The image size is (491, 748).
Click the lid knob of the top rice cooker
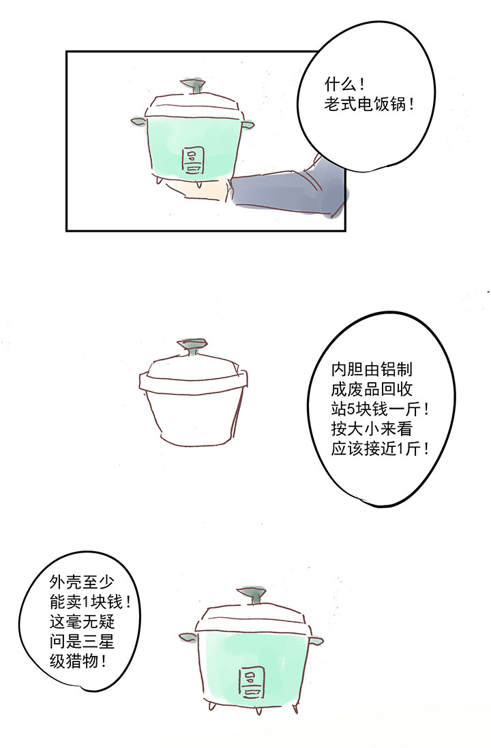click(192, 86)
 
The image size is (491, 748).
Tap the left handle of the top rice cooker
click(138, 122)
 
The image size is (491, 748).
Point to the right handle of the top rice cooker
click(248, 125)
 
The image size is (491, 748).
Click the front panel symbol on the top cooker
click(193, 161)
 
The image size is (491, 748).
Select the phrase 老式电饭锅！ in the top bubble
click(369, 104)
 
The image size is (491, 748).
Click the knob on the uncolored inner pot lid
click(192, 347)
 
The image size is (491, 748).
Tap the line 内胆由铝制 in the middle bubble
click(371, 369)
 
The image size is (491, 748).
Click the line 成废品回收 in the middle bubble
click(371, 389)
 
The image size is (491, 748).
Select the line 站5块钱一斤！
click(380, 409)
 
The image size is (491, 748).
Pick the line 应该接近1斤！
click(380, 449)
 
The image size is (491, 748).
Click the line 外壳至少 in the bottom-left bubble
click(82, 582)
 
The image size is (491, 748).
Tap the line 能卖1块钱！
click(90, 602)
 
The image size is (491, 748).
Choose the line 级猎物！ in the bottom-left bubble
click(78, 661)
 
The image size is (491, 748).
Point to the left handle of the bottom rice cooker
click(188, 638)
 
